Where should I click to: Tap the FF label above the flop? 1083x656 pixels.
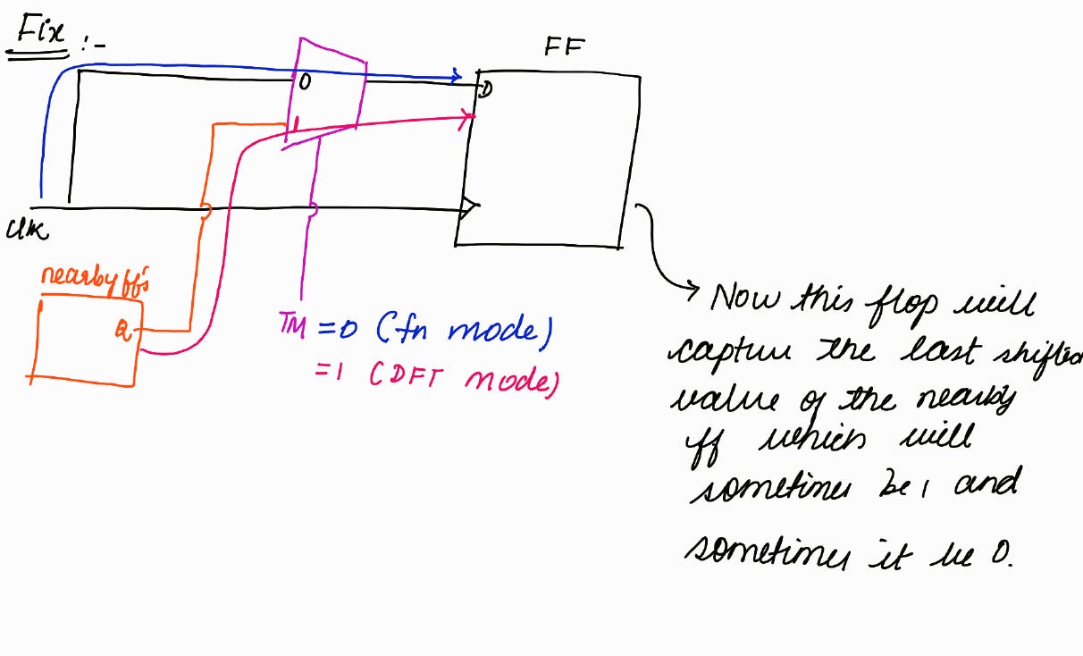[564, 48]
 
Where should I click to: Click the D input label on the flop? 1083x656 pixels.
[486, 88]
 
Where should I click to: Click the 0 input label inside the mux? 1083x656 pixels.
[305, 83]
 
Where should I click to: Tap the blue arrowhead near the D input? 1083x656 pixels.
[456, 76]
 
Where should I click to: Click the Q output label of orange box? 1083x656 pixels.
[122, 332]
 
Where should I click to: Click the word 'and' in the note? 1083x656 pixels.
[986, 484]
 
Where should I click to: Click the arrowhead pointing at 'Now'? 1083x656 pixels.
[692, 288]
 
